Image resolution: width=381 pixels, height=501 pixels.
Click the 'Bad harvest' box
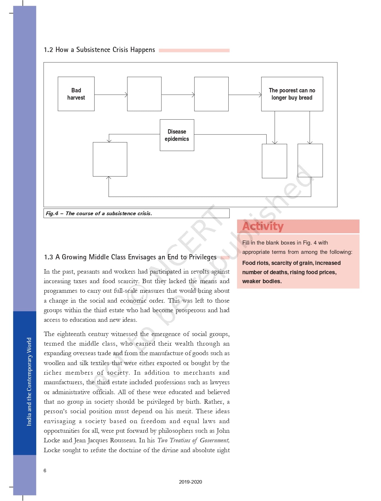point(76,94)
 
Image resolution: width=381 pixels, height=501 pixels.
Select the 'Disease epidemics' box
point(177,135)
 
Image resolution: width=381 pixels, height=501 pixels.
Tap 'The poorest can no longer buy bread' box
point(292,94)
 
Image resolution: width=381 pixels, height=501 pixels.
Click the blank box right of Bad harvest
point(144,94)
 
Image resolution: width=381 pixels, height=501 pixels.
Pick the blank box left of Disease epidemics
point(110,159)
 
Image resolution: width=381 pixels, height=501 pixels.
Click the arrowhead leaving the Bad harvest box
point(126,95)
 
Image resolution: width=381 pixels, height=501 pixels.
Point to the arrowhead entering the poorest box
point(260,95)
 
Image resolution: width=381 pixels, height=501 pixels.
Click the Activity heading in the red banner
point(263,226)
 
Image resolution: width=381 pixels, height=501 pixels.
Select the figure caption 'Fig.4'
point(52,213)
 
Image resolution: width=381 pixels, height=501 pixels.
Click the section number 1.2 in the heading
point(48,50)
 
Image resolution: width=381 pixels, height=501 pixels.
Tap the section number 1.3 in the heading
point(48,257)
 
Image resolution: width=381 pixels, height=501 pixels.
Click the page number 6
point(45,471)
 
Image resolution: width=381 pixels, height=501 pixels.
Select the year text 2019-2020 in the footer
point(190,482)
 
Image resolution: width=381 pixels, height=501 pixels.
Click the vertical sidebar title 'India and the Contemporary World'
point(29,382)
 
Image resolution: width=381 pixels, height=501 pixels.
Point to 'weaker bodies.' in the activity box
point(262,281)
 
